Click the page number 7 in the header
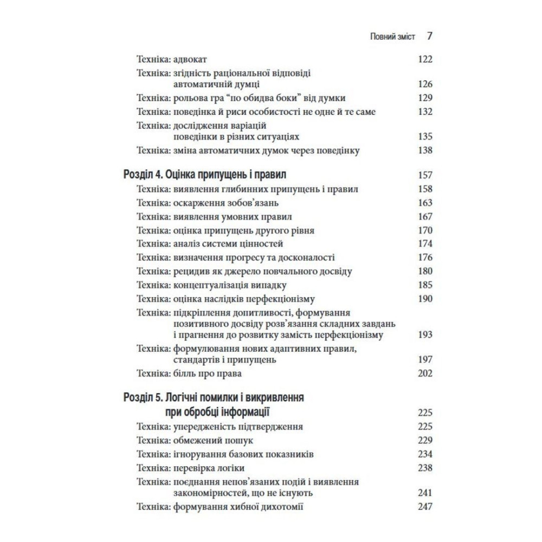tap(429, 36)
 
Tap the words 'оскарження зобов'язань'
tap(225, 203)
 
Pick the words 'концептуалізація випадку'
tap(230, 285)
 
